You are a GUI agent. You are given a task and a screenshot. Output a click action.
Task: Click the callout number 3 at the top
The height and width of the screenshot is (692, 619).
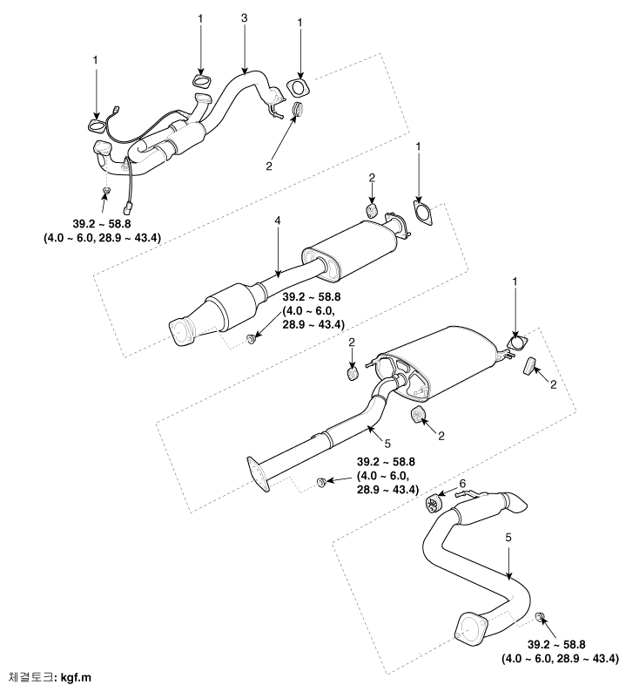(x=245, y=18)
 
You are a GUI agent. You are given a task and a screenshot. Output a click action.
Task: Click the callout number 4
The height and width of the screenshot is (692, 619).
(x=278, y=220)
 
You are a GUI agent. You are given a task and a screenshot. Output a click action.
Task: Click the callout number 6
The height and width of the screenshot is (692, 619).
(x=462, y=484)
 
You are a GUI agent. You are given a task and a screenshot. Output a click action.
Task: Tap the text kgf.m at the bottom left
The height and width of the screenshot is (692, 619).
(x=76, y=677)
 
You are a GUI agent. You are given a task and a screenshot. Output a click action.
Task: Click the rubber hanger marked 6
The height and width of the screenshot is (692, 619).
(x=434, y=504)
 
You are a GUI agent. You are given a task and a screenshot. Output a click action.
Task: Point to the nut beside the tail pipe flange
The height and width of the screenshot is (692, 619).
(x=539, y=617)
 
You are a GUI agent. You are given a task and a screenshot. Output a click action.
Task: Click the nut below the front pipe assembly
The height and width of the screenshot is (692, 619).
(x=106, y=191)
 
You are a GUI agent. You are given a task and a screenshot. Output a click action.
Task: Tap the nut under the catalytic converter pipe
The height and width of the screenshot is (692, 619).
(x=251, y=339)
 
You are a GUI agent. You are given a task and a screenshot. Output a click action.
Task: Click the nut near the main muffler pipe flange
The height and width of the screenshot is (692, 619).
(x=321, y=481)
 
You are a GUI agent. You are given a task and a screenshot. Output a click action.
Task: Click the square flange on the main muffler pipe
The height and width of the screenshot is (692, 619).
(x=259, y=474)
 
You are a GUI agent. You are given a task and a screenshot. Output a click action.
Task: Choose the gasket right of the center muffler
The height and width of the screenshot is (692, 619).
(x=422, y=213)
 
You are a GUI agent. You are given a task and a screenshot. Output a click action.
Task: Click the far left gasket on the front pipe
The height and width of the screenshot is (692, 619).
(x=96, y=126)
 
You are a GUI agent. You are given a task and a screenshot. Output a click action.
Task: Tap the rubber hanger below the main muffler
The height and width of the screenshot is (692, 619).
(x=417, y=416)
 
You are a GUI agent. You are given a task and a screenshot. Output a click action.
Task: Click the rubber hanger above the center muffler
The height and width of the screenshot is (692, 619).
(x=372, y=211)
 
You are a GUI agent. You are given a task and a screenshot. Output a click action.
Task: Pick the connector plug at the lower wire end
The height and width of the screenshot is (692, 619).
(x=129, y=207)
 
